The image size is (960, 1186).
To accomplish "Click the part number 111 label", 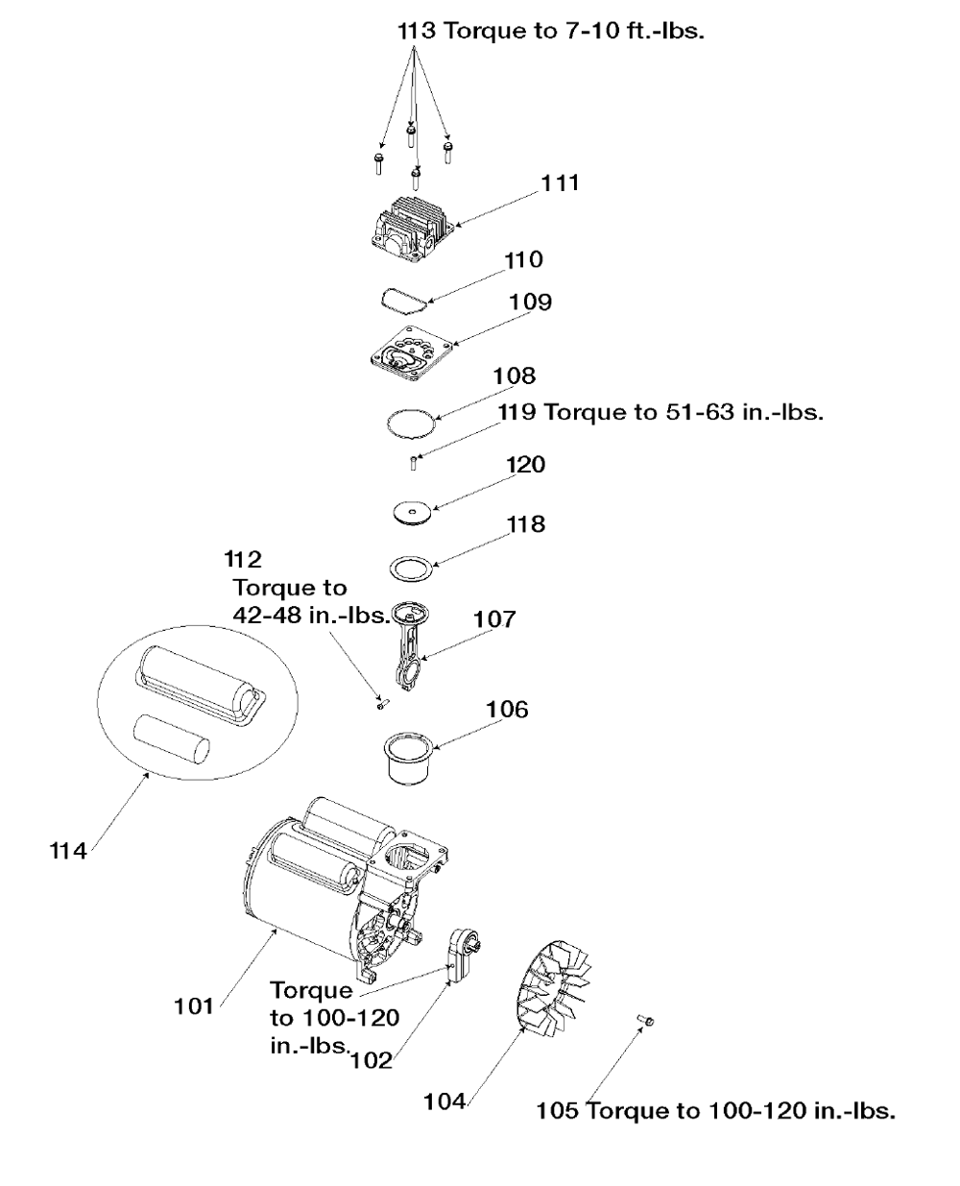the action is [560, 183].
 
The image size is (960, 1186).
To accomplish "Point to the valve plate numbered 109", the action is [412, 353].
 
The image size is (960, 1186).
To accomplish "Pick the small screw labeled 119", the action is [413, 463].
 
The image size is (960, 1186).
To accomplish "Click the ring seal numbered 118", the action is [411, 569].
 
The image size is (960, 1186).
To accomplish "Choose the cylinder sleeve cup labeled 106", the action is [410, 759].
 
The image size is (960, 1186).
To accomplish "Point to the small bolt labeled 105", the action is [645, 1020].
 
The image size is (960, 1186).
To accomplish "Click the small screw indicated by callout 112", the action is [382, 704].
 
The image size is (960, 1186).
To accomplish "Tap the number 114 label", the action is [68, 852].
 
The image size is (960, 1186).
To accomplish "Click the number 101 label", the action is [194, 1006].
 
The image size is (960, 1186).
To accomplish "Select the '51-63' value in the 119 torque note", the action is [700, 412].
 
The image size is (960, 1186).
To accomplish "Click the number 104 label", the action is [444, 1101].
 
